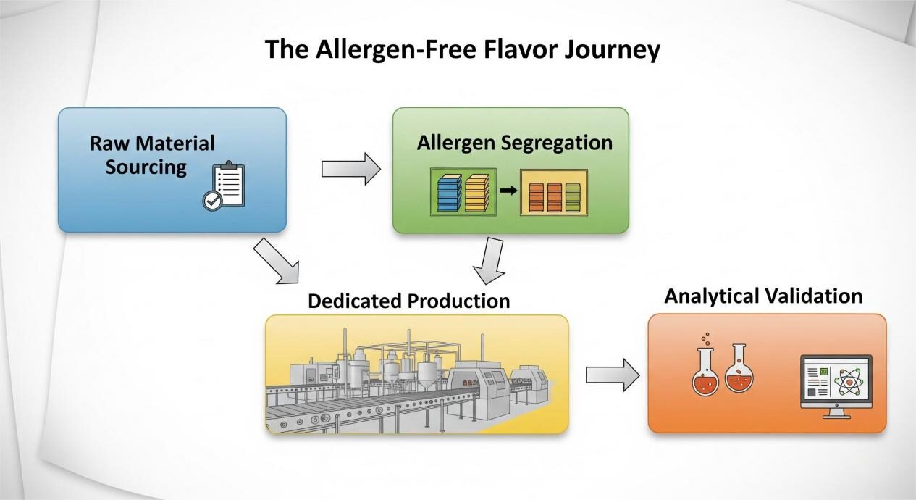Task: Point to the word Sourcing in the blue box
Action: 146,167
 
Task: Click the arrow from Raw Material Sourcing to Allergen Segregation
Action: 350,169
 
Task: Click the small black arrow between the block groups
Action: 508,191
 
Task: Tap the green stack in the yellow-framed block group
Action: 573,195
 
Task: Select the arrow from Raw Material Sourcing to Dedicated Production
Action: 276,261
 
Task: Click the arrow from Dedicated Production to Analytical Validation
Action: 612,375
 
